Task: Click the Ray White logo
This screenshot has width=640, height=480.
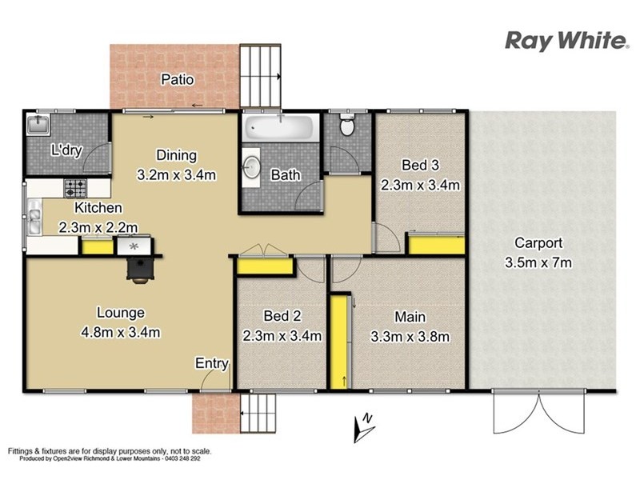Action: click(566, 42)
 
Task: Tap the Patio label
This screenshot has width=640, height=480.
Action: click(178, 79)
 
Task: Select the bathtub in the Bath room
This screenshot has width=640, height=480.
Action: click(280, 128)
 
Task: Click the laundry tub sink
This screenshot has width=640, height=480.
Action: click(37, 125)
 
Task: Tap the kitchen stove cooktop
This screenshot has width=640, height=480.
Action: click(75, 189)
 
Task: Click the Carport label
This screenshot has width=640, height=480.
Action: click(538, 243)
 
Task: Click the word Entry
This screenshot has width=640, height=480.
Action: click(212, 363)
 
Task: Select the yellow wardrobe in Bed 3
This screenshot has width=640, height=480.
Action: click(435, 243)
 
